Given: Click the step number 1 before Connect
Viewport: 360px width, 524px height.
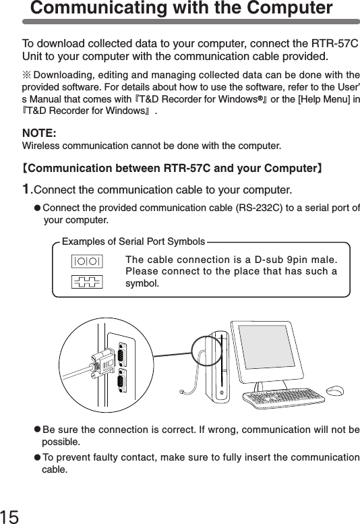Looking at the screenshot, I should [27, 187].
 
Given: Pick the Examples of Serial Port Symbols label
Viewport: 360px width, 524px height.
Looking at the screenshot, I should [133, 241].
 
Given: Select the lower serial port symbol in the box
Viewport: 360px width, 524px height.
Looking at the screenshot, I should [87, 281].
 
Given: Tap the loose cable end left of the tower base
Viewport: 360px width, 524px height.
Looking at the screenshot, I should [183, 392].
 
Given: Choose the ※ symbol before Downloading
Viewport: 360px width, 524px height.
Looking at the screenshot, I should [27, 73].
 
